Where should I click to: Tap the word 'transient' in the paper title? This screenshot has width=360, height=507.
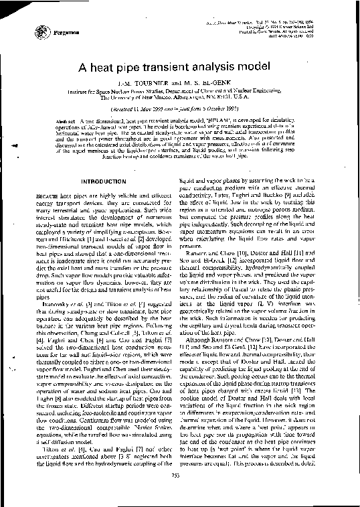pos(167,68)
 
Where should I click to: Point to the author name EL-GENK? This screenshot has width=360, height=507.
pos(218,84)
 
